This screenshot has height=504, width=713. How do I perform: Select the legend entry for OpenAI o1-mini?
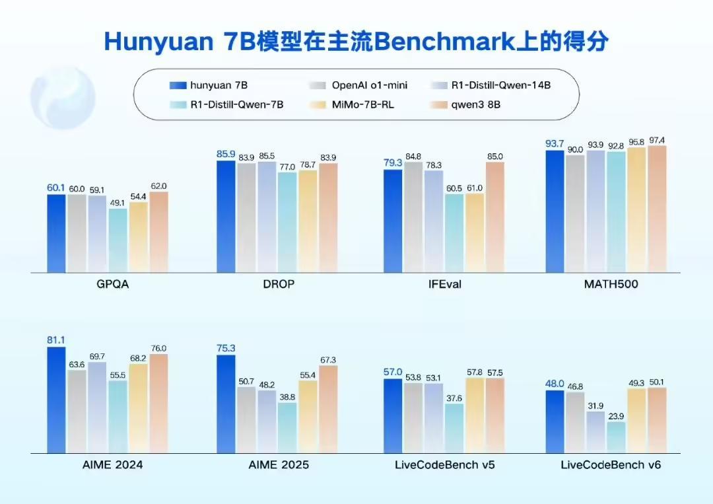360,85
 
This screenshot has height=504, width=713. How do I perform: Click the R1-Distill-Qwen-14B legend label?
500,85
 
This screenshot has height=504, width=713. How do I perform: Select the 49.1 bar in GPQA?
118,240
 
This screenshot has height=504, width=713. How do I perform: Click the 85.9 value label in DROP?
226,154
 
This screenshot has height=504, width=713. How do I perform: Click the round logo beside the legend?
63,97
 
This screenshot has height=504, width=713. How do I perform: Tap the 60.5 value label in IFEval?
454,188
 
